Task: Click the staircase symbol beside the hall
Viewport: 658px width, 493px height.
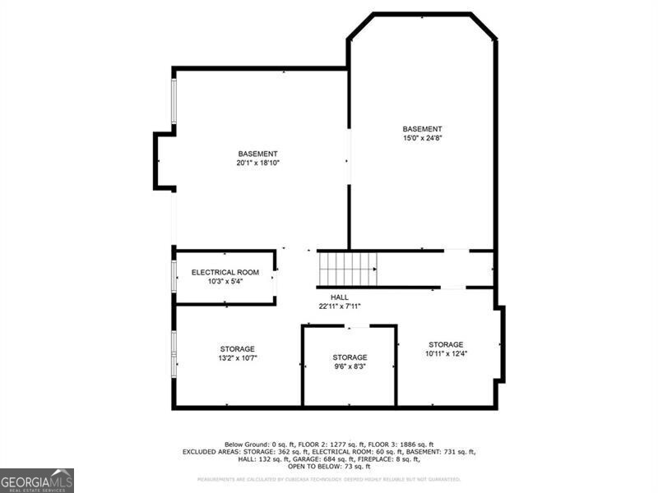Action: pyautogui.click(x=347, y=268)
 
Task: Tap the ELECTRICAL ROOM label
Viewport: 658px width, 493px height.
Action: pyautogui.click(x=225, y=272)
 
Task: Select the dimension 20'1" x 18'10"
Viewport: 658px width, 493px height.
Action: pyautogui.click(x=258, y=163)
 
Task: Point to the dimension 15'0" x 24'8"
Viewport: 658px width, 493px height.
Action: pyautogui.click(x=422, y=138)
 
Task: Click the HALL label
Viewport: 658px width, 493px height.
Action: pyautogui.click(x=340, y=297)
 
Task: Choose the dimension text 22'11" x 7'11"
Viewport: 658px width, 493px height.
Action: pyautogui.click(x=340, y=306)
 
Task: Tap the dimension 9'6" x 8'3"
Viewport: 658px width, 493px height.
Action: pyautogui.click(x=350, y=366)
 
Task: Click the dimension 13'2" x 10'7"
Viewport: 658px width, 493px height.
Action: pyautogui.click(x=237, y=358)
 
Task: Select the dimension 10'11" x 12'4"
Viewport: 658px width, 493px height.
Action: pyautogui.click(x=446, y=353)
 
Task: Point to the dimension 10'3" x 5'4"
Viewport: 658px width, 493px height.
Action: pyautogui.click(x=225, y=281)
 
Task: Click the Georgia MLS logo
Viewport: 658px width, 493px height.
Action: pyautogui.click(x=37, y=480)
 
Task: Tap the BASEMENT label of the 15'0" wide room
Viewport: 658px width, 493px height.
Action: pyautogui.click(x=422, y=129)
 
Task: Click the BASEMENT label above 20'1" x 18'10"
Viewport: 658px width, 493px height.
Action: pyautogui.click(x=258, y=154)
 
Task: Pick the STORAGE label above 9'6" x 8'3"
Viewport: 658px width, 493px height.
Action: pyautogui.click(x=350, y=357)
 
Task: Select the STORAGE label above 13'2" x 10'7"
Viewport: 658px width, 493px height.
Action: pyautogui.click(x=237, y=349)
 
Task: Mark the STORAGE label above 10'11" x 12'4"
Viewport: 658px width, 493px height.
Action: pyautogui.click(x=446, y=344)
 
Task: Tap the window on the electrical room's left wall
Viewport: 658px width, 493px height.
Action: pyautogui.click(x=173, y=276)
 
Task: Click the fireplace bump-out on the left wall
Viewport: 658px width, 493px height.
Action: pyautogui.click(x=163, y=160)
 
